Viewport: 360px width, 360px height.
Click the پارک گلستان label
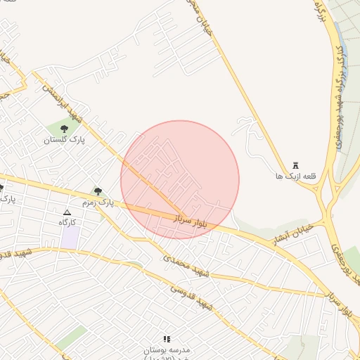click(x=64, y=140)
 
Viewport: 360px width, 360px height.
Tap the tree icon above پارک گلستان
click(x=65, y=129)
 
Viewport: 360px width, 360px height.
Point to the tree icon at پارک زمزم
click(x=98, y=191)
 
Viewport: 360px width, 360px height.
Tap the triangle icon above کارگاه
click(x=67, y=212)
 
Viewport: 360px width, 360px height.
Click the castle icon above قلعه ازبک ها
click(x=295, y=165)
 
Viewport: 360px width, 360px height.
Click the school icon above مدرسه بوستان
click(x=167, y=340)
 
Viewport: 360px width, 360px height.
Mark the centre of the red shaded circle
click(x=180, y=180)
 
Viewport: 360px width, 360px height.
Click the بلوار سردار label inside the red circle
click(x=190, y=221)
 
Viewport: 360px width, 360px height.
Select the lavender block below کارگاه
click(x=70, y=237)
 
